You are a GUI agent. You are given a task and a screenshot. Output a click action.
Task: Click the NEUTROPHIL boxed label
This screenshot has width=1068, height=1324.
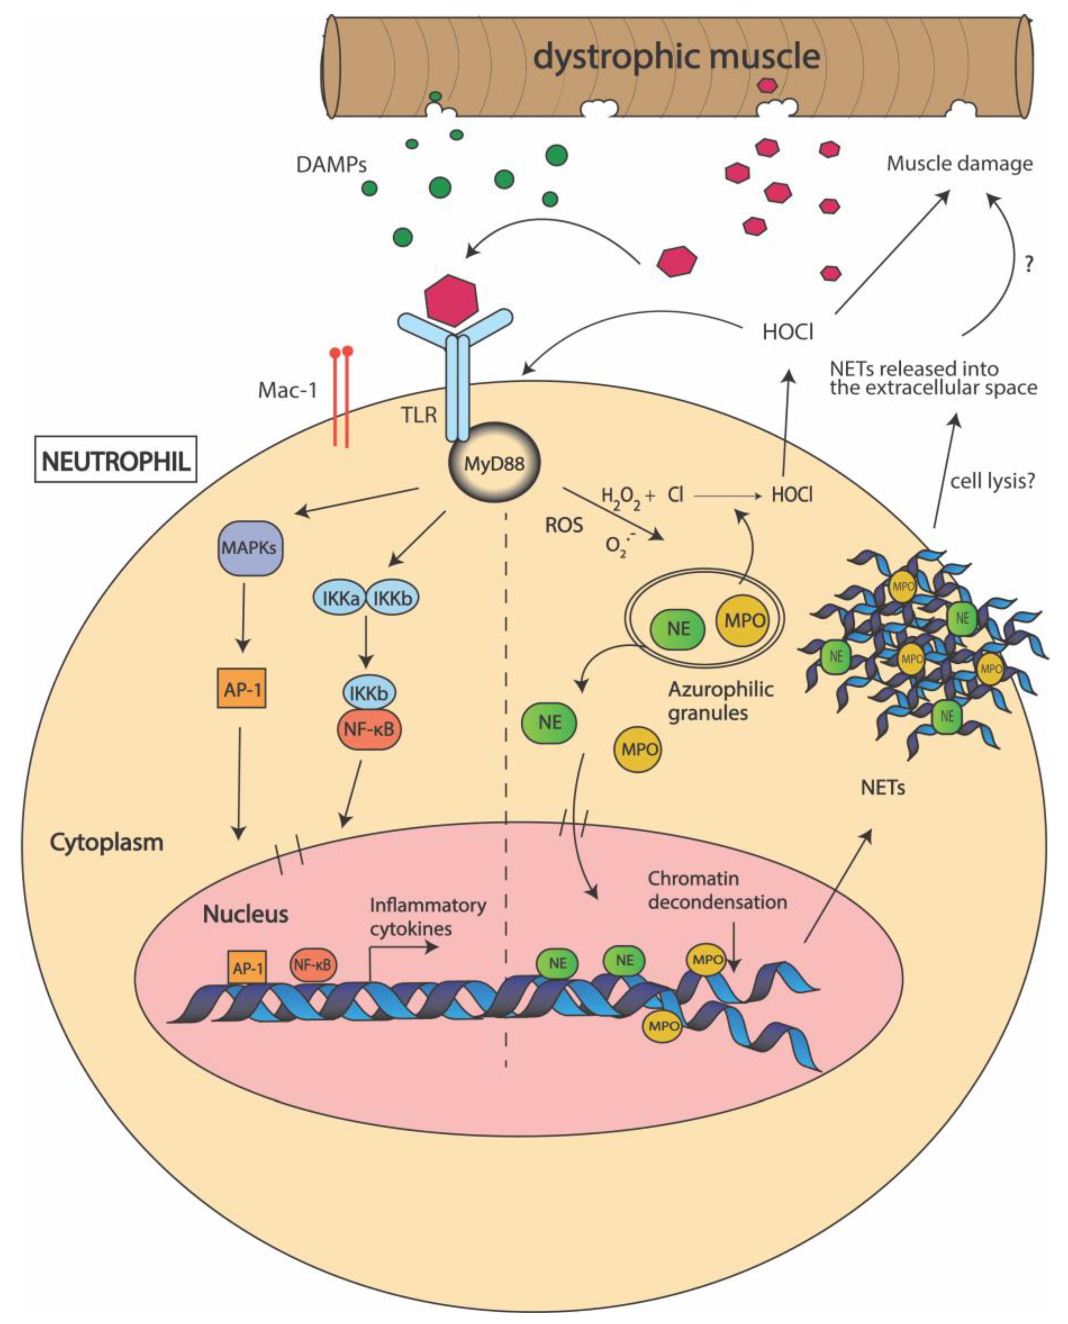point(116,459)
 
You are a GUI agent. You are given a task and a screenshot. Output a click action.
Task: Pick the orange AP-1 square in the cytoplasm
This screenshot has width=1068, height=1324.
point(242,688)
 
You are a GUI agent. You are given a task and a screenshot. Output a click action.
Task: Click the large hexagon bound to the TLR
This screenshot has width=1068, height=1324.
point(451,300)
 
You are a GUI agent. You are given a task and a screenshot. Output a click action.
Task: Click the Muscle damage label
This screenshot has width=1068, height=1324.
point(959,164)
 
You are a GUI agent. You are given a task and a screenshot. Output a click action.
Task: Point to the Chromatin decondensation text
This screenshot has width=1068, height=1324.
point(717,891)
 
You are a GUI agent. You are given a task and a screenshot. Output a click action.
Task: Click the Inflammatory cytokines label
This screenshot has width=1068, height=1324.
point(427,917)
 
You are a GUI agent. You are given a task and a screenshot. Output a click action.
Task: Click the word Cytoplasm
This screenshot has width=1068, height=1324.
point(106,842)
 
